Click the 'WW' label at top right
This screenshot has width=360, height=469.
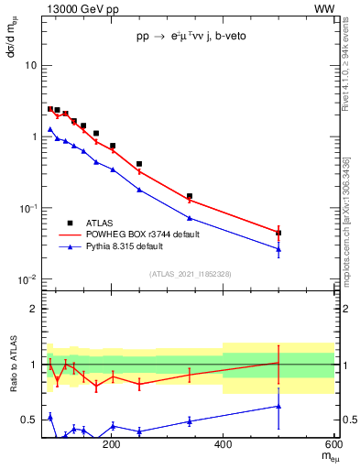coord(324,8)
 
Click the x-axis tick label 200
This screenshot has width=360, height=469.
coord(112,444)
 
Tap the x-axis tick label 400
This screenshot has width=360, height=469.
coord(223,444)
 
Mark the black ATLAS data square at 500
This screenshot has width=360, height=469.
coord(278,233)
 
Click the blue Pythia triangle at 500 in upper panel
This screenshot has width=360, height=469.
coord(278,249)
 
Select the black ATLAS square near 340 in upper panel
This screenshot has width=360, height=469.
coord(190,196)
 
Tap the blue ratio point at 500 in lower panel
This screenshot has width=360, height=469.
coord(278,406)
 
